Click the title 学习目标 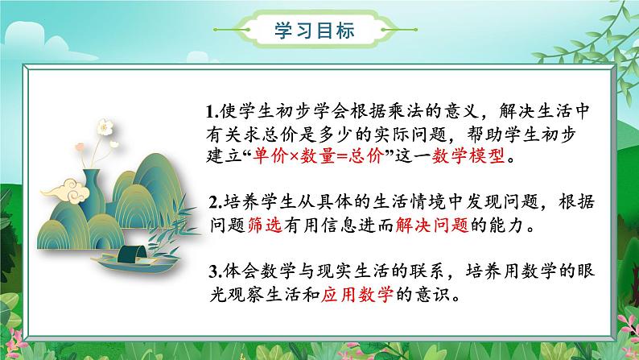click(x=314, y=30)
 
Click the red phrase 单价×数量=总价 click(x=317, y=156)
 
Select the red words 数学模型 click(x=468, y=156)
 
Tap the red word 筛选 click(x=265, y=225)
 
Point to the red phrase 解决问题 click(x=432, y=225)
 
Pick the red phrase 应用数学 click(x=357, y=294)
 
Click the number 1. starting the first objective click(x=212, y=112)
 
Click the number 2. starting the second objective click(x=216, y=203)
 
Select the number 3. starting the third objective click(x=216, y=272)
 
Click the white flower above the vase click(x=105, y=127)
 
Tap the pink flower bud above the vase click(x=80, y=147)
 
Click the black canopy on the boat click(x=131, y=254)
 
